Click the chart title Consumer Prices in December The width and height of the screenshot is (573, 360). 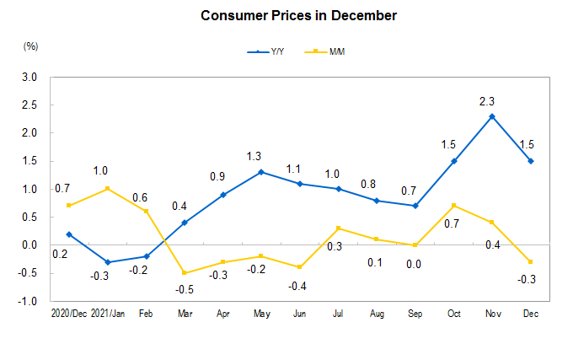click(x=286, y=16)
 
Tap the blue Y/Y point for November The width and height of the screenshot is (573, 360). click(x=492, y=116)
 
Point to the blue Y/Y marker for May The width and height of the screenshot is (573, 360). click(x=261, y=172)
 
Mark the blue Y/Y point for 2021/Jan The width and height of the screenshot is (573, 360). click(x=108, y=262)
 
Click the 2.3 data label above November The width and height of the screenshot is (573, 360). click(x=487, y=101)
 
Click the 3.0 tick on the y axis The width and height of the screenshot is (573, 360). click(x=30, y=77)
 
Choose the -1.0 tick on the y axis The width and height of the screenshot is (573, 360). click(x=29, y=301)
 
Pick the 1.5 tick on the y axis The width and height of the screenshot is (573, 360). click(x=30, y=161)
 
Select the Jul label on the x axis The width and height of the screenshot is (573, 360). click(x=338, y=313)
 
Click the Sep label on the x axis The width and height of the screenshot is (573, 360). click(x=415, y=313)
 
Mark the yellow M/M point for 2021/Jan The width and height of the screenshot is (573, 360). click(x=108, y=189)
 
